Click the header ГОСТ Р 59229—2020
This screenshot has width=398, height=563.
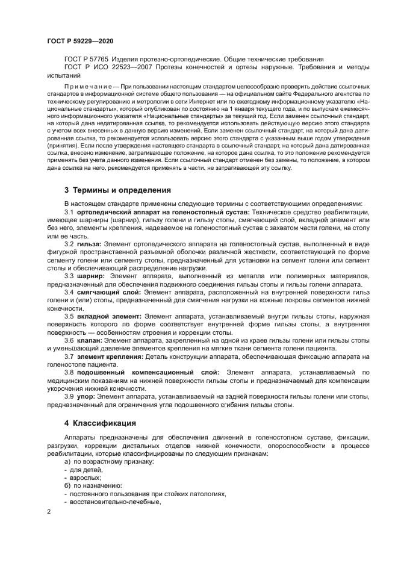click(79, 40)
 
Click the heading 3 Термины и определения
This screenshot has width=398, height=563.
click(117, 190)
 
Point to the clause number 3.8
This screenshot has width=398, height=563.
click(69, 373)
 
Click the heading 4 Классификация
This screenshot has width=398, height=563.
click(100, 423)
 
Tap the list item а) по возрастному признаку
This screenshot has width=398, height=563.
click(100, 461)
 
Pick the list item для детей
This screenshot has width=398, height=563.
click(83, 470)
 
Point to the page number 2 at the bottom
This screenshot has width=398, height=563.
click(49, 512)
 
